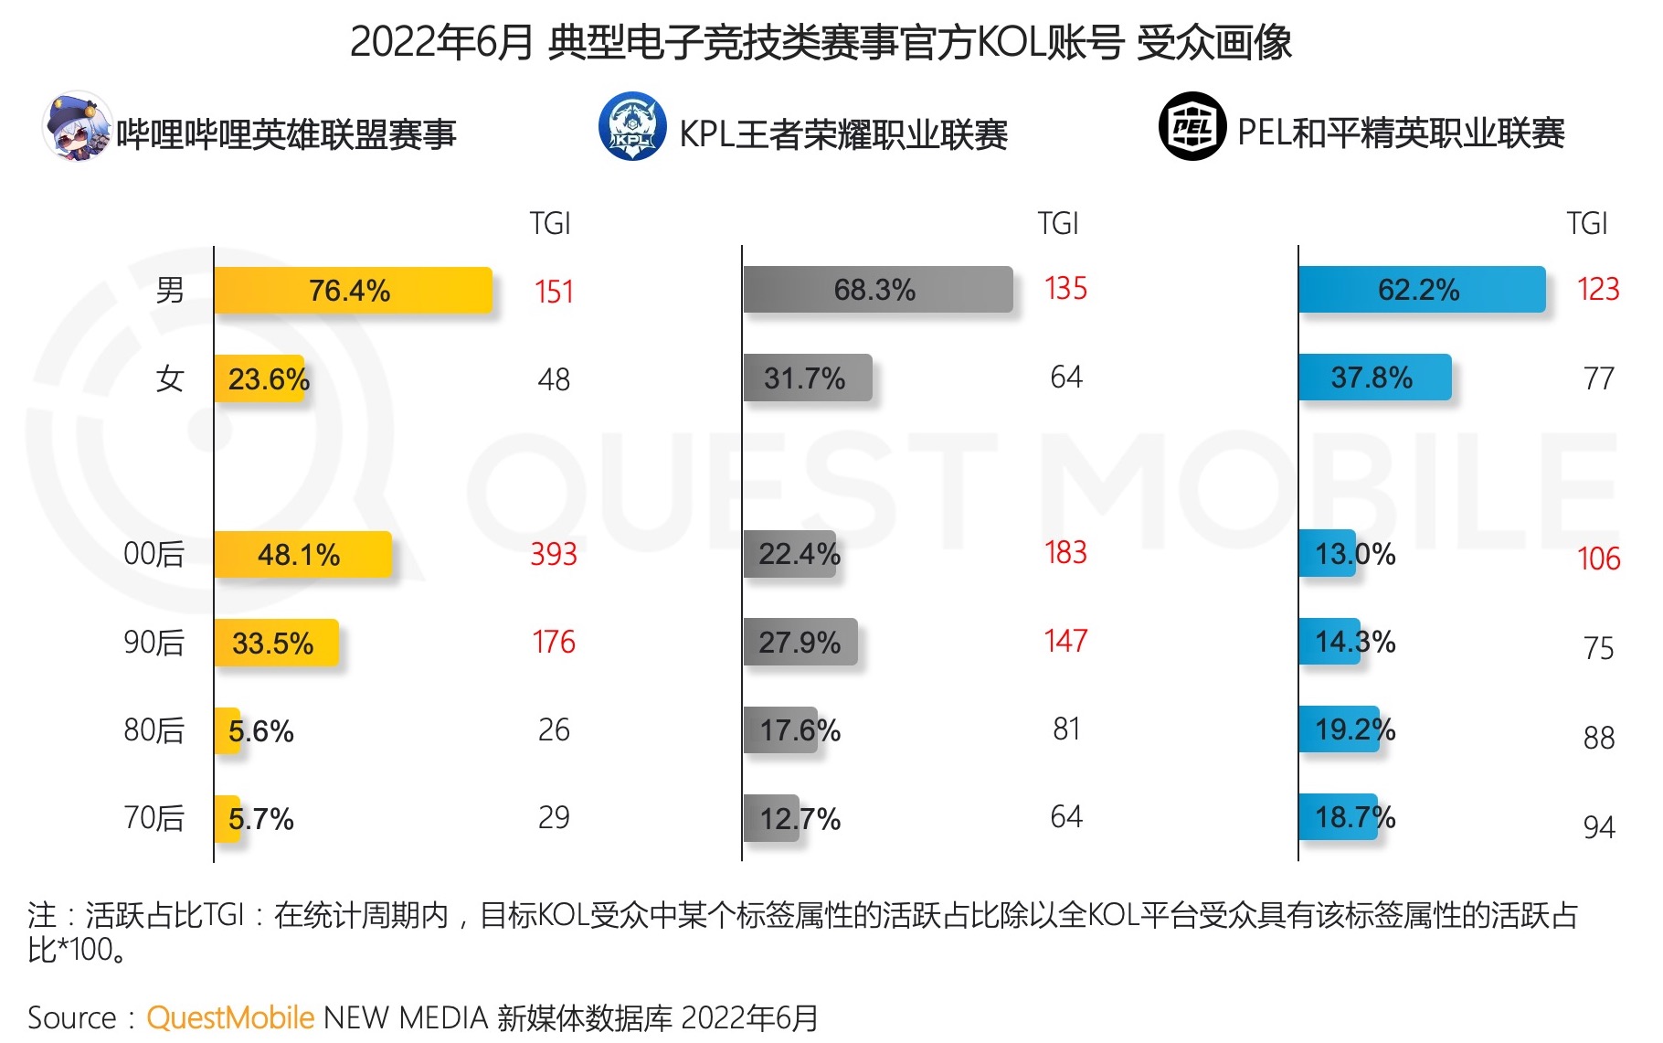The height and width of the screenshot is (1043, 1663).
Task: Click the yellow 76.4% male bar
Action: pyautogui.click(x=353, y=291)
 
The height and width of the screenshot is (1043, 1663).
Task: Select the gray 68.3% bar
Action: pyautogui.click(x=877, y=290)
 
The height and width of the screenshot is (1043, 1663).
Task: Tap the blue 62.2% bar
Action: pyautogui.click(x=1421, y=290)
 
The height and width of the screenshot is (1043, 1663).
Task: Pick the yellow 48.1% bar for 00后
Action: pyautogui.click(x=302, y=554)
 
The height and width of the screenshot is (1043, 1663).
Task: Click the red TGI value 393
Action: pyautogui.click(x=554, y=554)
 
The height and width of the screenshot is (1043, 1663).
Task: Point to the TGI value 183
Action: pyautogui.click(x=1065, y=552)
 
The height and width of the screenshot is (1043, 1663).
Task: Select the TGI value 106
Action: pyautogui.click(x=1598, y=559)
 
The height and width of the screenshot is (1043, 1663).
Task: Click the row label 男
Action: pyautogui.click(x=170, y=290)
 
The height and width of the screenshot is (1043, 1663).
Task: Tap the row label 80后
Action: pyautogui.click(x=154, y=729)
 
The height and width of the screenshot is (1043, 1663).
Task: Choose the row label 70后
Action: pyautogui.click(x=154, y=817)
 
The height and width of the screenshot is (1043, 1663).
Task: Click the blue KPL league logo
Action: pyautogui.click(x=632, y=126)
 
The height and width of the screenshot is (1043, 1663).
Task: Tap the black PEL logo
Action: pyautogui.click(x=1192, y=126)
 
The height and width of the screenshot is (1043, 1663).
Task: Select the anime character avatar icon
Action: pyautogui.click(x=77, y=126)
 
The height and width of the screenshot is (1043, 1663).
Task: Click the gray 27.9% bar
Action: pyautogui.click(x=800, y=642)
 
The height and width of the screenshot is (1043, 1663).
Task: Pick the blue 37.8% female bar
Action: pyautogui.click(x=1374, y=377)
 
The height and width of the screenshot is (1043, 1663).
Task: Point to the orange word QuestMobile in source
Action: pyautogui.click(x=230, y=1017)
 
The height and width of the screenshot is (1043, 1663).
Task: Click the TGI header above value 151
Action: pyautogui.click(x=550, y=223)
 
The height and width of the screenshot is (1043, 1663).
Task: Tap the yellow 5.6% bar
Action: pyautogui.click(x=228, y=730)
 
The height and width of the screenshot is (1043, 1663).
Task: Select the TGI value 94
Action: pyautogui.click(x=1598, y=827)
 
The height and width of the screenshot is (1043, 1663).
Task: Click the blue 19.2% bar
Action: pyautogui.click(x=1339, y=729)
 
